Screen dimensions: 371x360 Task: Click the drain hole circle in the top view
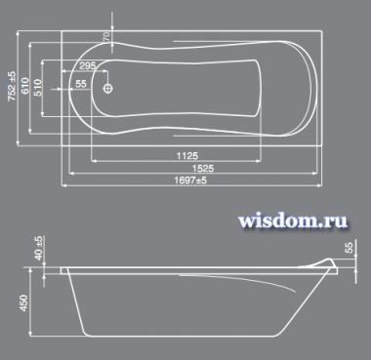(x=108, y=88)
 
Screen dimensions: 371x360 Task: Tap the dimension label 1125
(x=187, y=156)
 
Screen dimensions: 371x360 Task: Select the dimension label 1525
(x=203, y=168)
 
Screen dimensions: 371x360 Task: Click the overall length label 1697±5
(x=190, y=180)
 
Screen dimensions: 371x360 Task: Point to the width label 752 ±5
(x=12, y=86)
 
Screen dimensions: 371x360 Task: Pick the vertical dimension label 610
(x=25, y=86)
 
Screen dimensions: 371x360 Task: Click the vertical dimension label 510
(x=37, y=87)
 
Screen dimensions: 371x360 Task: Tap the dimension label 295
(x=88, y=65)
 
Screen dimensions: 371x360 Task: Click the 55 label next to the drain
(x=81, y=84)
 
